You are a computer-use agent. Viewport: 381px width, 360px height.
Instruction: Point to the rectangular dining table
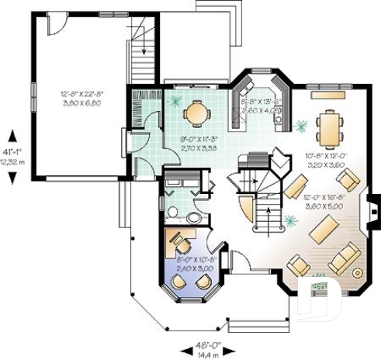pyautogui.click(x=331, y=128)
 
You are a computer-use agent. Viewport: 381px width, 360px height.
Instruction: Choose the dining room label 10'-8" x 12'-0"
pyautogui.click(x=324, y=160)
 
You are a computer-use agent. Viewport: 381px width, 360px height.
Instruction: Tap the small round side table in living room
pyautogui.click(x=358, y=273)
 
